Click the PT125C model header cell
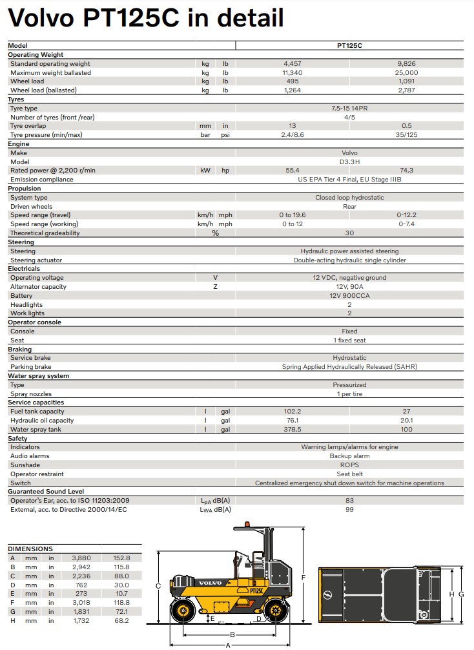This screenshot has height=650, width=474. tap(349, 46)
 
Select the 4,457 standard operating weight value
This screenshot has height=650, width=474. tap(293, 64)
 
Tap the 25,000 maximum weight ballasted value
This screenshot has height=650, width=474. tap(407, 73)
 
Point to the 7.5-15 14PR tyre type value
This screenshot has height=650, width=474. tap(349, 109)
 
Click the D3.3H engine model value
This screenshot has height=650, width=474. tap(349, 162)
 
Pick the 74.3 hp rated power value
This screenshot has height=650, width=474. tap(407, 171)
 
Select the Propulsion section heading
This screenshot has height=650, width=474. tap(25, 189)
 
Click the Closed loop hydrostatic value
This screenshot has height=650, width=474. tap(349, 198)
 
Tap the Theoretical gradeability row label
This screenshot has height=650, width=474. tap(45, 233)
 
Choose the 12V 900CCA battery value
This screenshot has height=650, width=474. tap(349, 296)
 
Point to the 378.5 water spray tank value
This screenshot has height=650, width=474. tap(293, 430)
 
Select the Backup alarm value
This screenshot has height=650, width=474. tap(349, 456)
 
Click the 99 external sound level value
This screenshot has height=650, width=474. tap(349, 510)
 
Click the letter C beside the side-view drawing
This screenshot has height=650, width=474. tap(158, 586)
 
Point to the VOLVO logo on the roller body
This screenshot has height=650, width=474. tap(209, 583)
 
